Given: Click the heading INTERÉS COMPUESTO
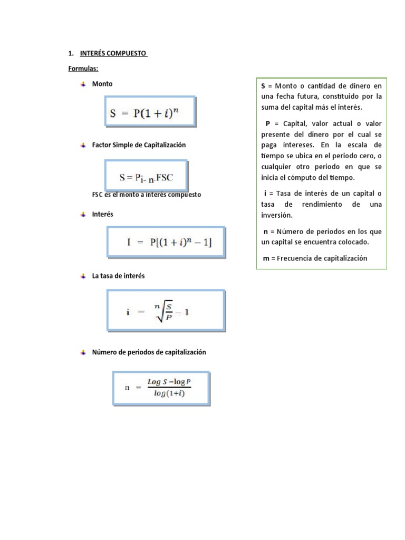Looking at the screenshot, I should point(113,54).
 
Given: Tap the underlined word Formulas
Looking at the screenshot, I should point(83,69).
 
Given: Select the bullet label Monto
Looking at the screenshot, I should point(102,83).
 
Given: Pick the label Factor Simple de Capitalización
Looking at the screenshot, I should point(139,144).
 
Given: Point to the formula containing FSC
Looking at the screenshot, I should point(146,176).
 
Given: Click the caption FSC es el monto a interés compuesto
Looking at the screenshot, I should point(146,195).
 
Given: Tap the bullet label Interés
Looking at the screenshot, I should point(102,214).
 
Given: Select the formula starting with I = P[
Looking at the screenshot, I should point(167,243).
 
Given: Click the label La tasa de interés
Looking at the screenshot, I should point(118,276).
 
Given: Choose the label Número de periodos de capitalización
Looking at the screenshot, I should point(149,352).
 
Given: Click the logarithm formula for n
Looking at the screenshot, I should point(161,389).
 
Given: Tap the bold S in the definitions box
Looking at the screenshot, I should point(264,85).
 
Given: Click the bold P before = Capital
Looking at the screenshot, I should point(268,123).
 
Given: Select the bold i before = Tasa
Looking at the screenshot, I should point(265,194).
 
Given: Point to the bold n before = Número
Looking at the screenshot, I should point(265,232).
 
